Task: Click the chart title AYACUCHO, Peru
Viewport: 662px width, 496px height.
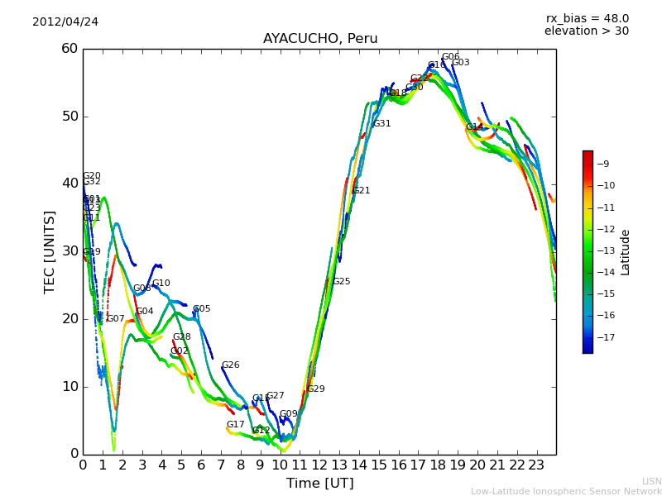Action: pyautogui.click(x=320, y=39)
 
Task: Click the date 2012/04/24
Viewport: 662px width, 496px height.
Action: pyautogui.click(x=65, y=21)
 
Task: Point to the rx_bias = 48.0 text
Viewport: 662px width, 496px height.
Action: pyautogui.click(x=587, y=18)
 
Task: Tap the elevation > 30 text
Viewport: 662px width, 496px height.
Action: pyautogui.click(x=586, y=31)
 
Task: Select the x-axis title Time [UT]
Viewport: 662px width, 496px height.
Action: pyautogui.click(x=319, y=484)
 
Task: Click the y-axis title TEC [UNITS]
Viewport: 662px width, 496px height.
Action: pyautogui.click(x=50, y=251)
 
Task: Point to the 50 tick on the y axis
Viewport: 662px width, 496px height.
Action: pyautogui.click(x=69, y=116)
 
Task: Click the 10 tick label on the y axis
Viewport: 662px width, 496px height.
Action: pyautogui.click(x=69, y=386)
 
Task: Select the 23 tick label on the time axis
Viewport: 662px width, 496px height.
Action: pyautogui.click(x=536, y=465)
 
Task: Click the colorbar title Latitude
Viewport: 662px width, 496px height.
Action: pyautogui.click(x=626, y=251)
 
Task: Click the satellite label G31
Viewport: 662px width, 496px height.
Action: pyautogui.click(x=381, y=124)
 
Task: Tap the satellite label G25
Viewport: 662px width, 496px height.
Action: pyautogui.click(x=341, y=282)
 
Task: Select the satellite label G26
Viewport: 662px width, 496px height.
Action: pyautogui.click(x=230, y=365)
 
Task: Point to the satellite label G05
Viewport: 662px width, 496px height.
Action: pyautogui.click(x=201, y=309)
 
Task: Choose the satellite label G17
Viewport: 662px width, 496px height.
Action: pyautogui.click(x=235, y=425)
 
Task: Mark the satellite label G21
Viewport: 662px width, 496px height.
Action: pyautogui.click(x=361, y=191)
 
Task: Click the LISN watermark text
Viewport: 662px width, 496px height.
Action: pyautogui.click(x=652, y=481)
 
